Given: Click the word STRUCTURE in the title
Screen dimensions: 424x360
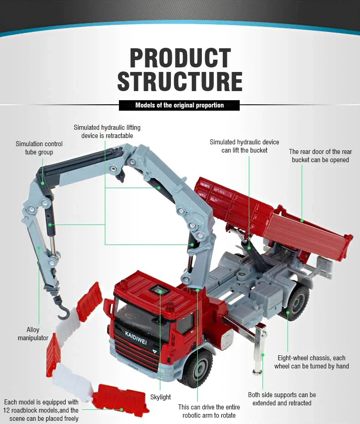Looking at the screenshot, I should click(x=180, y=81).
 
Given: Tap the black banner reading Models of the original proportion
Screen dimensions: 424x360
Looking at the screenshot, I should click(x=180, y=105).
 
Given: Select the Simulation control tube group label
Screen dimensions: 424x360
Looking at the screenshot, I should click(x=39, y=148).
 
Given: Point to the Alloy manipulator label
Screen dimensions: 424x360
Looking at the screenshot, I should click(x=33, y=333).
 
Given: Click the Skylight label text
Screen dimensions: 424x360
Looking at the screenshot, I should click(x=160, y=397).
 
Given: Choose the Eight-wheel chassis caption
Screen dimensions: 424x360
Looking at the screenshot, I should click(x=311, y=362).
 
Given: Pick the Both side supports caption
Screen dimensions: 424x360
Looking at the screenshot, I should click(x=282, y=398).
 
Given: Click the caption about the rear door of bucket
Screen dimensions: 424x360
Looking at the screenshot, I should click(x=320, y=156).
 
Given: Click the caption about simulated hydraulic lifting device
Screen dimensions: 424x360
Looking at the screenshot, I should click(x=107, y=132).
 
